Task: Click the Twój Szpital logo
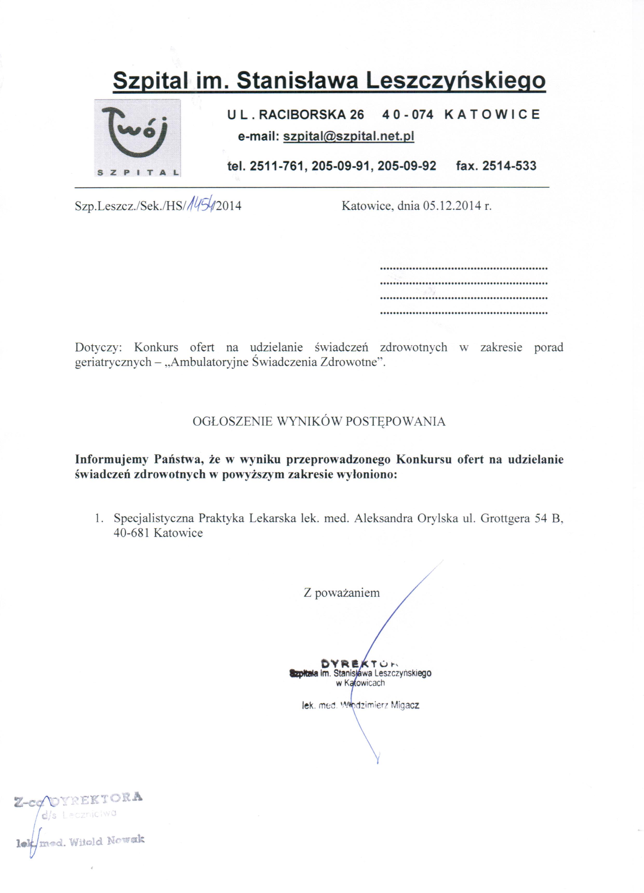(x=137, y=138)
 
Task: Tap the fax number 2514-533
(x=509, y=166)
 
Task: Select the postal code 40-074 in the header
(x=408, y=115)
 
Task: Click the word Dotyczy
(x=98, y=347)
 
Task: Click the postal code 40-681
(x=131, y=533)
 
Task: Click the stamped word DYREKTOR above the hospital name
(x=360, y=663)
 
